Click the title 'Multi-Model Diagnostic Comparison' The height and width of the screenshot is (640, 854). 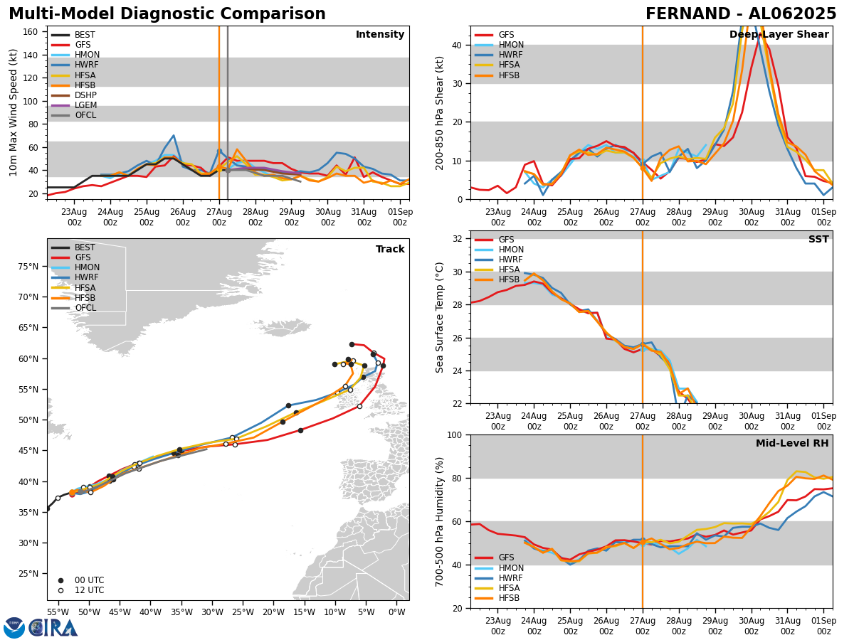click(167, 14)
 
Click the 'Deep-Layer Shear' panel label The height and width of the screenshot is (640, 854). click(779, 35)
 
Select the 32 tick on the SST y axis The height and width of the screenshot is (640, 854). click(459, 239)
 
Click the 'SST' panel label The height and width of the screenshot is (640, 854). click(818, 240)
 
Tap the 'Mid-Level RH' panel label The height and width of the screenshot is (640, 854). click(792, 444)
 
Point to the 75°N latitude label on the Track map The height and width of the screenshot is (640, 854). click(28, 267)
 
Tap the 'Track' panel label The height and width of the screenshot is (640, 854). click(390, 250)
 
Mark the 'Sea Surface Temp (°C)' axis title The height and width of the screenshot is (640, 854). click(441, 317)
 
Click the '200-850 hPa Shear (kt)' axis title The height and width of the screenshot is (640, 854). click(441, 112)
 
